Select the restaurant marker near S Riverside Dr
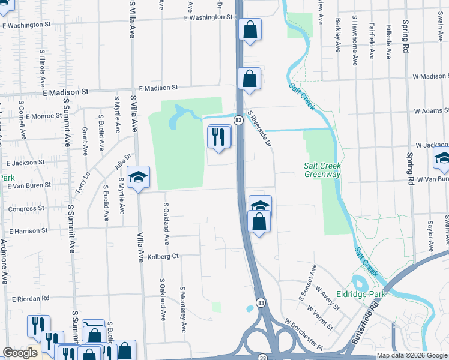pyautogui.click(x=219, y=137)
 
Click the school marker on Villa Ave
pyautogui.click(x=138, y=178)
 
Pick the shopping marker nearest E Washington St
pyautogui.click(x=249, y=30)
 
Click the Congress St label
pyautogui.click(x=22, y=209)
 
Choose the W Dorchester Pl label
pyautogui.click(x=304, y=335)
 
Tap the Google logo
pyautogui.click(x=20, y=352)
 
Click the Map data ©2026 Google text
pyautogui.click(x=411, y=355)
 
